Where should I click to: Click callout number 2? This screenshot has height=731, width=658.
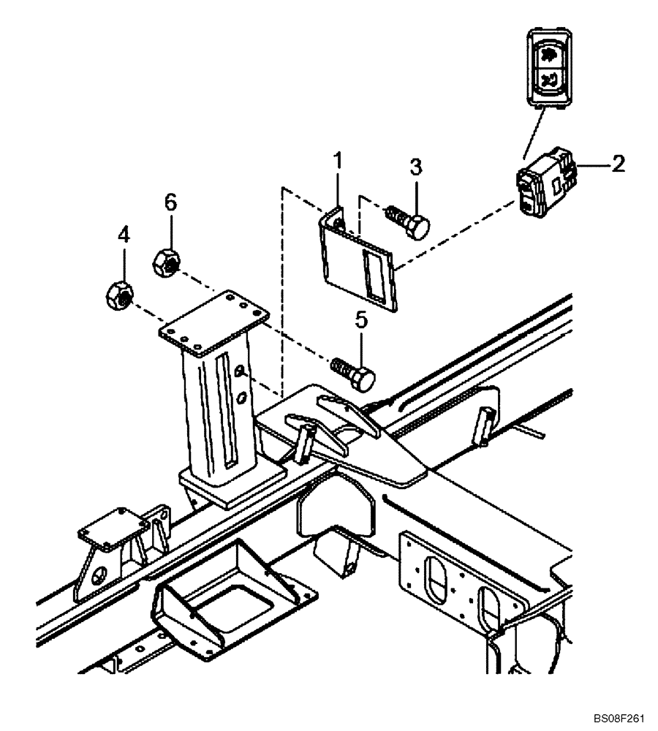coord(618,163)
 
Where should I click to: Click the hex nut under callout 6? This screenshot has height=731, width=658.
coord(164,261)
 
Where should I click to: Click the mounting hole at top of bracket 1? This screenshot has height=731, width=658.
coord(339,220)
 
